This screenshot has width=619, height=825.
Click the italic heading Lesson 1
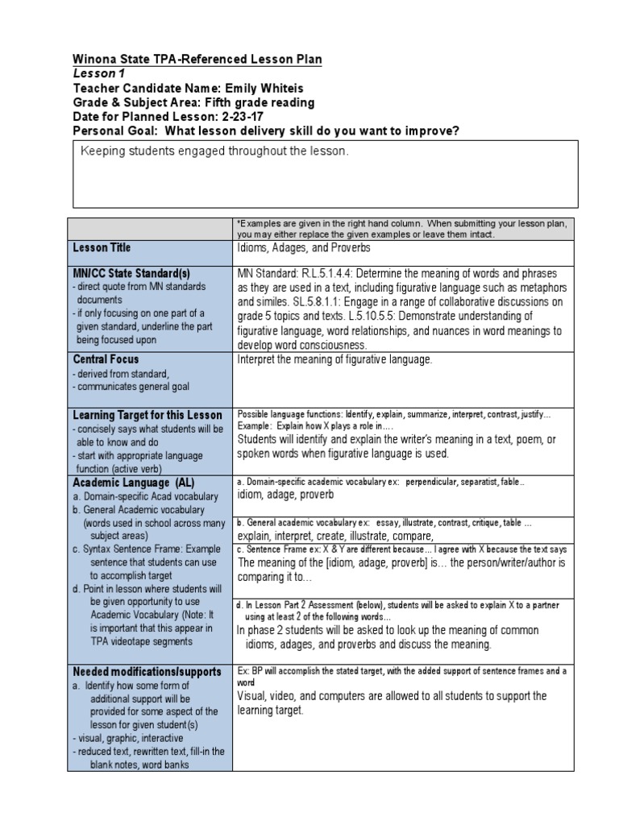95,74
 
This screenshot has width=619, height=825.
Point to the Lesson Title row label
102,248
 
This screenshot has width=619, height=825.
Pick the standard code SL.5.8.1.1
309,302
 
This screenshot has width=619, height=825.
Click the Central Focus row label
106,359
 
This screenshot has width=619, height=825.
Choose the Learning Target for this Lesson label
147,414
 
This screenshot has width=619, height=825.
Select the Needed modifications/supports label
147,671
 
